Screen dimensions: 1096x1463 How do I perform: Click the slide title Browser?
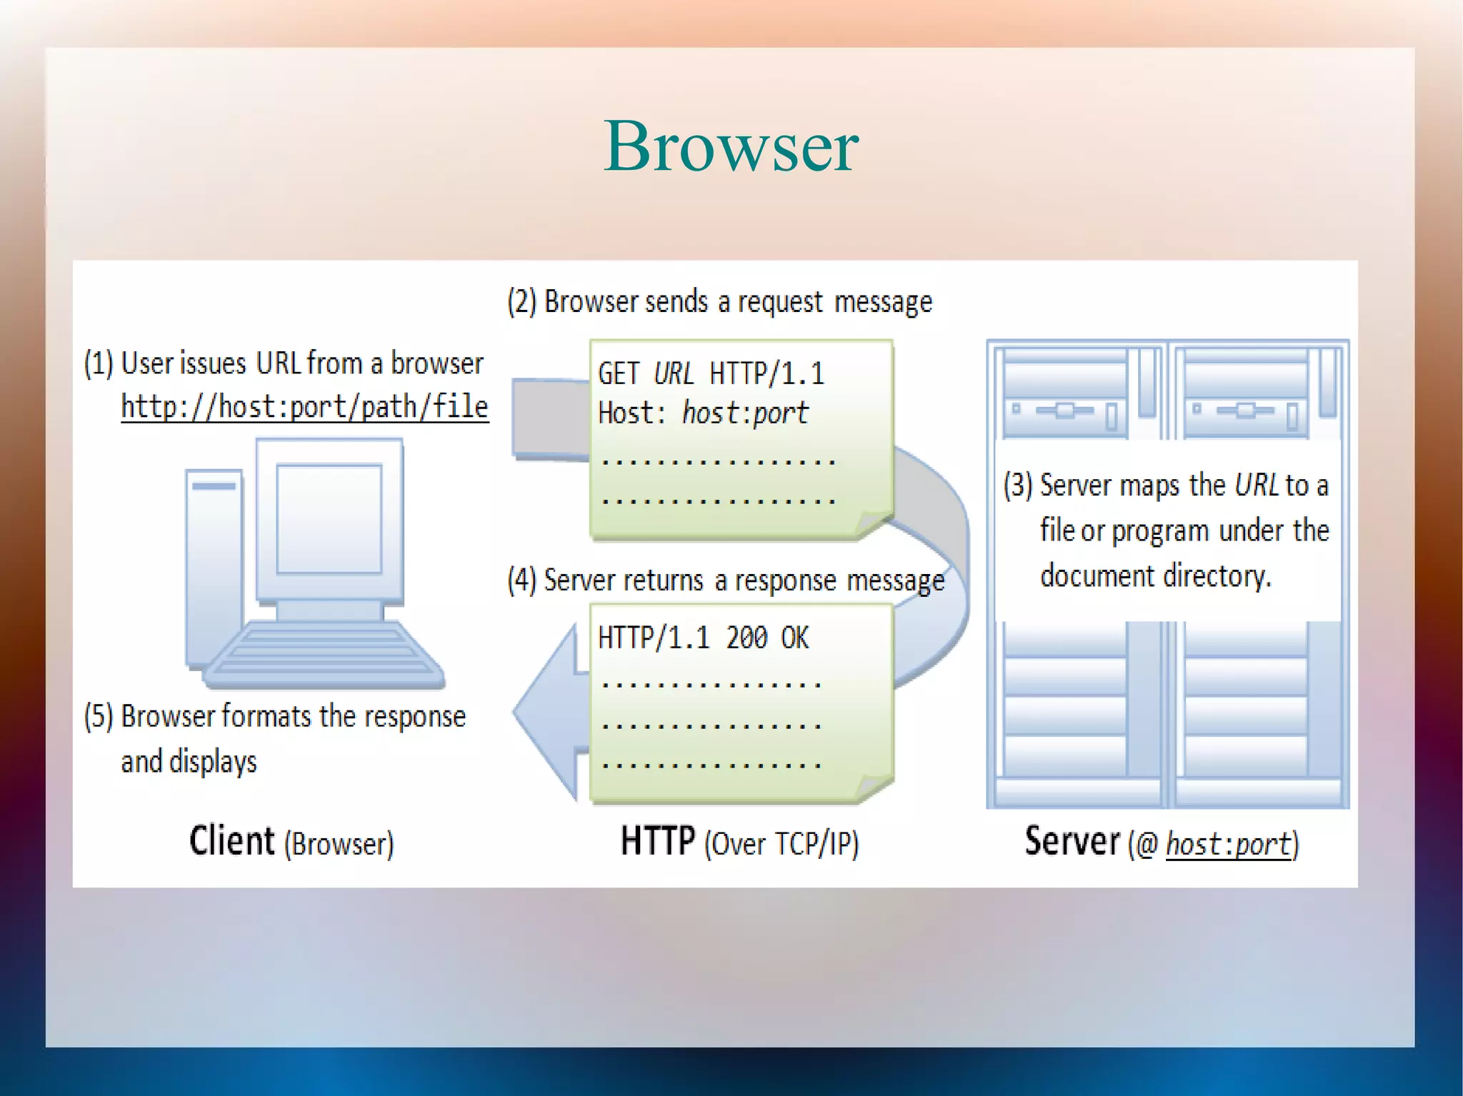[731, 146]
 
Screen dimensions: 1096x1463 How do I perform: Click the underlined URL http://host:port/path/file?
[304, 407]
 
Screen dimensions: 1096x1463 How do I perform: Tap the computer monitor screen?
[329, 518]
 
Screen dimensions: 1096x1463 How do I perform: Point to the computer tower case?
[213, 564]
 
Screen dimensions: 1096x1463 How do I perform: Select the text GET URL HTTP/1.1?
[711, 373]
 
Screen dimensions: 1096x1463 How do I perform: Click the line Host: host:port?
[703, 413]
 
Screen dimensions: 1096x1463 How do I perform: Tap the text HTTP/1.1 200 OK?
[703, 638]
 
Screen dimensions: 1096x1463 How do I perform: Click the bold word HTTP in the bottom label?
[657, 840]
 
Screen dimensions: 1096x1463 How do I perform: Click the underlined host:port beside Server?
[1229, 845]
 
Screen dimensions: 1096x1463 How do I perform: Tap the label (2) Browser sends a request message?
[719, 302]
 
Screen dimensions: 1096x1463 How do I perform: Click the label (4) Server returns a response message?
[725, 580]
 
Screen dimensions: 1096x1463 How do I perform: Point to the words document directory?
[1155, 575]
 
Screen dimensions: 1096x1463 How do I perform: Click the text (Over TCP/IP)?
[782, 844]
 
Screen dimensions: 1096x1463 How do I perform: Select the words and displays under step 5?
[189, 762]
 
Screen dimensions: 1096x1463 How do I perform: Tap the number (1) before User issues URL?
[99, 363]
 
